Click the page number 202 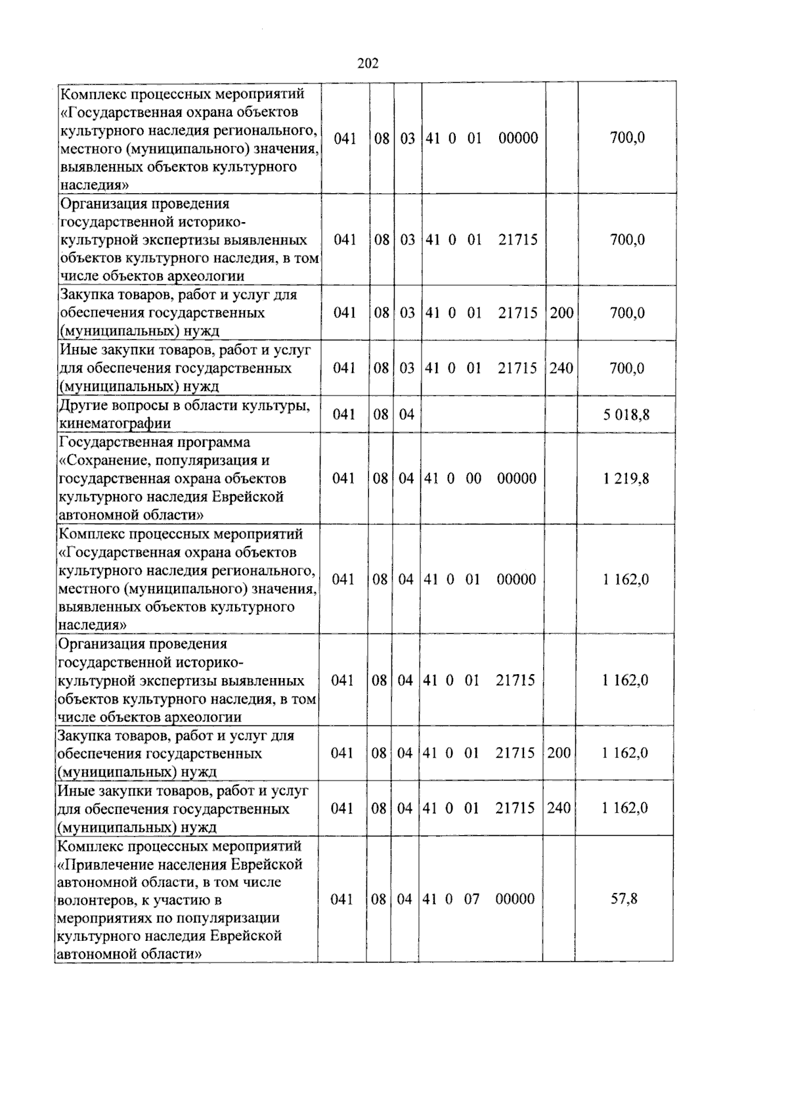click(x=368, y=64)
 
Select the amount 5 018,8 click(x=627, y=415)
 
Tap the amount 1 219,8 click(x=626, y=478)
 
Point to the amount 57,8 click(x=624, y=899)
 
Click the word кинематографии click(x=115, y=423)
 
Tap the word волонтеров click(x=95, y=899)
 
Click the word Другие click(x=81, y=405)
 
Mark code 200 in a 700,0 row click(x=561, y=313)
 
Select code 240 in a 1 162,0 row click(x=559, y=808)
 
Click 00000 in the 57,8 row click(x=515, y=899)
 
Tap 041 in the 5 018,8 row click(x=344, y=415)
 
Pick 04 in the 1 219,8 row click(x=406, y=478)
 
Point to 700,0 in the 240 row click(x=627, y=368)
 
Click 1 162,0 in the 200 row click(x=625, y=753)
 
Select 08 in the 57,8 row click(x=379, y=899)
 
